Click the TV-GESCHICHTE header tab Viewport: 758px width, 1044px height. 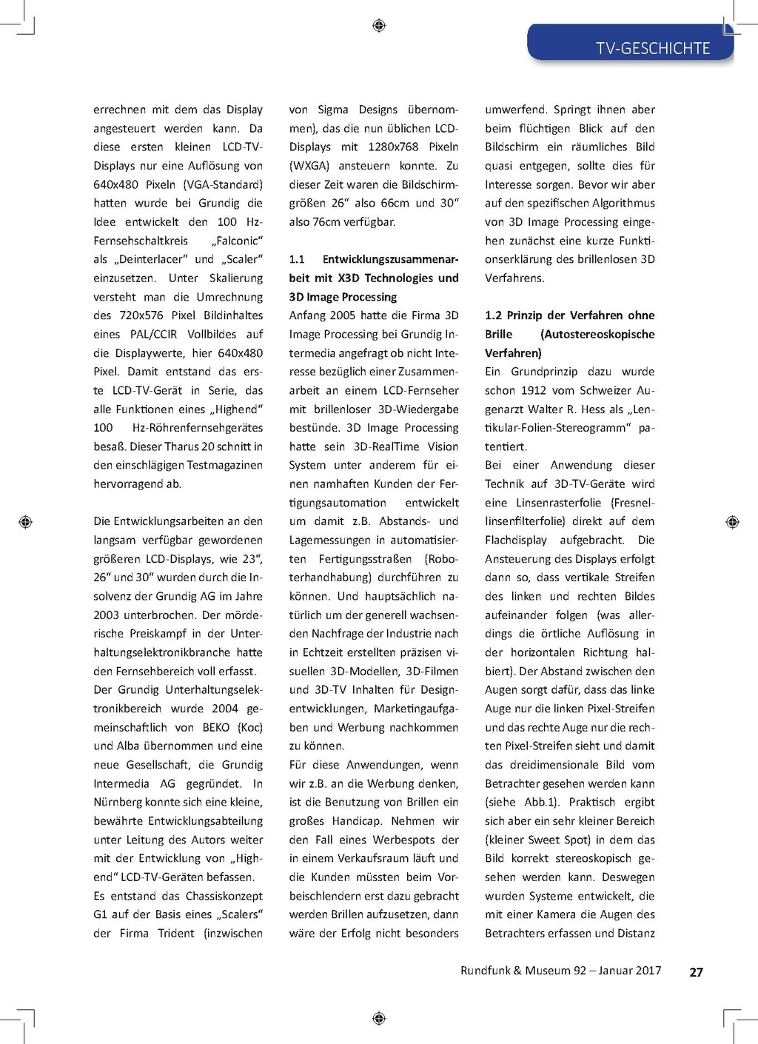[x=652, y=48]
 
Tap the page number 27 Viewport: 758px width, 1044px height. [x=696, y=972]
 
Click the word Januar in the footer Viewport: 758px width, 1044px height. [x=619, y=971]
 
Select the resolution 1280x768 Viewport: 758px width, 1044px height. [x=392, y=147]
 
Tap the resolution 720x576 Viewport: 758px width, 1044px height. [x=141, y=315]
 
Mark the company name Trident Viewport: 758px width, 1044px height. [x=176, y=933]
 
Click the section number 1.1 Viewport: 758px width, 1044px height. [x=297, y=259]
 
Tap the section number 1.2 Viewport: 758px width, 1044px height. [x=493, y=315]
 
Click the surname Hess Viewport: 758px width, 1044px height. [x=593, y=409]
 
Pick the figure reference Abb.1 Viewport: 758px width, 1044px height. [x=540, y=802]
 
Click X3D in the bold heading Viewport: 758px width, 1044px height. [x=350, y=278]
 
